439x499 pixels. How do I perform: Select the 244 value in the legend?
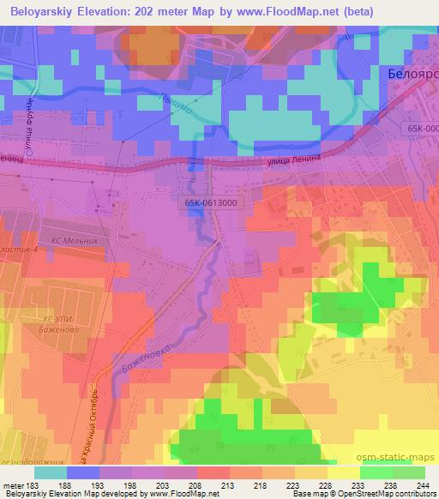pos(424,484)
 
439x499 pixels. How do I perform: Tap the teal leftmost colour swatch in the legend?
pos(50,472)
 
